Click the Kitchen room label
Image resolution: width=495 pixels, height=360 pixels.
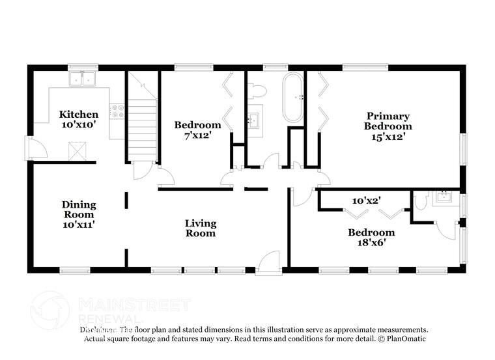click(79, 115)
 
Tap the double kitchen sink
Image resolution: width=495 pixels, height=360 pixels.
click(83, 79)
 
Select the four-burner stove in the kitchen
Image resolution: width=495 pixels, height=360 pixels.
click(117, 111)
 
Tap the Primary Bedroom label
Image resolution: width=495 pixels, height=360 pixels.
click(388, 121)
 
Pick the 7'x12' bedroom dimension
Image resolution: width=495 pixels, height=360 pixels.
click(197, 135)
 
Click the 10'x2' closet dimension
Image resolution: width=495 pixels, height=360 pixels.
click(366, 201)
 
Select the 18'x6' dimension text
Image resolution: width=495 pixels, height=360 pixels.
click(371, 243)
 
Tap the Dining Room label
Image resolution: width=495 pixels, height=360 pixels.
click(79, 209)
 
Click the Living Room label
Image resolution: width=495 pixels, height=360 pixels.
click(201, 228)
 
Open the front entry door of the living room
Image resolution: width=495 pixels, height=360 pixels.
click(268, 264)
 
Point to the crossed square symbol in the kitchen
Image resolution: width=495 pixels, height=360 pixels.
click(79, 152)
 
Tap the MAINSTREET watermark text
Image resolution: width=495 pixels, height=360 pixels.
click(134, 305)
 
